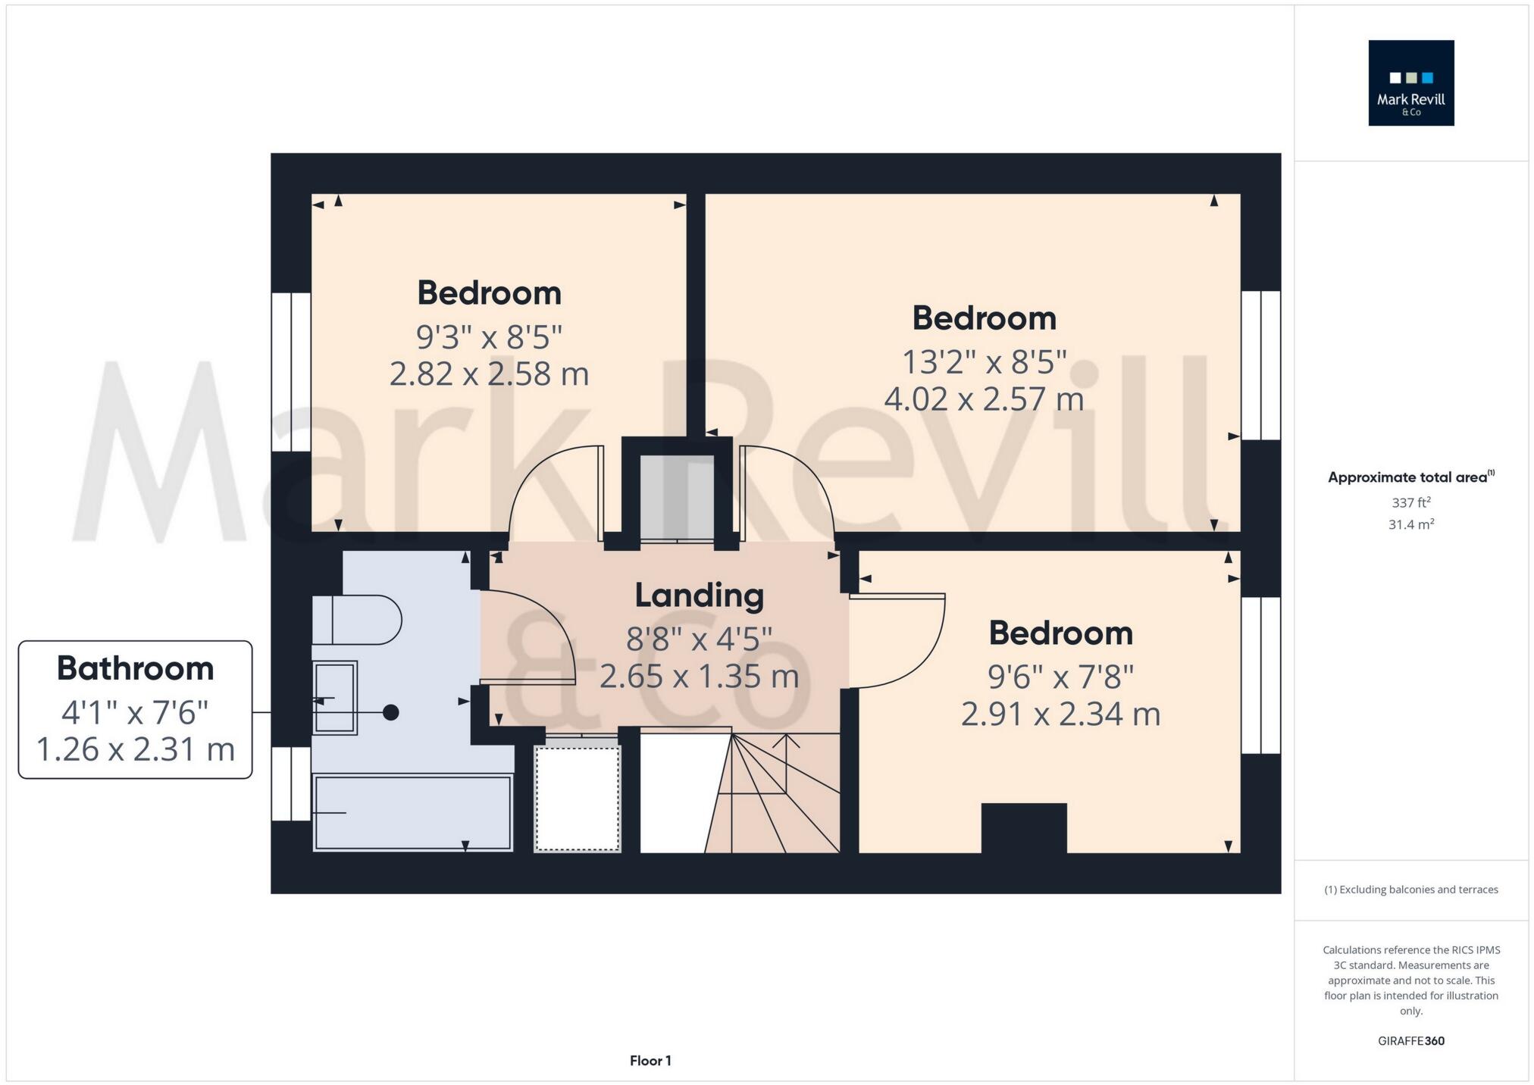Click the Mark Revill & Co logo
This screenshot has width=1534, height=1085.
[x=1410, y=83]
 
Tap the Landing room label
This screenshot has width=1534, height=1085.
[x=699, y=596]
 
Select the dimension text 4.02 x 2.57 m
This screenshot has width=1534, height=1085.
[x=984, y=399]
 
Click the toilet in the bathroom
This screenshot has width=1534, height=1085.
[x=356, y=619]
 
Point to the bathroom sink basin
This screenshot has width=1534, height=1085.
[x=335, y=698]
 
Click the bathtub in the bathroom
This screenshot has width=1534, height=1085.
[x=413, y=812]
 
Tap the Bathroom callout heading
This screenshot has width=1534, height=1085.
[x=135, y=668]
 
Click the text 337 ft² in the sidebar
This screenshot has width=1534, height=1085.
[x=1410, y=502]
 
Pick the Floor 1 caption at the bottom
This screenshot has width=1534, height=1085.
[x=650, y=1061]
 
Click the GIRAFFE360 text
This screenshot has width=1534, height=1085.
[x=1410, y=1041]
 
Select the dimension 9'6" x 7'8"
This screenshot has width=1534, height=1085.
[x=1060, y=676]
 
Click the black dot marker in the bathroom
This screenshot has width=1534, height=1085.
[x=390, y=712]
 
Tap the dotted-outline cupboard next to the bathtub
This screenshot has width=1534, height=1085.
[x=578, y=798]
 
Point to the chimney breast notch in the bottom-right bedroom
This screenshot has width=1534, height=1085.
[x=1024, y=827]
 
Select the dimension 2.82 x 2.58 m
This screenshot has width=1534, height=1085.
[x=489, y=374]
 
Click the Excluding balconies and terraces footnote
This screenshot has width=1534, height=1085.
[x=1410, y=890]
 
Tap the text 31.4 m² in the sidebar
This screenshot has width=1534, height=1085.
[x=1410, y=524]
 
